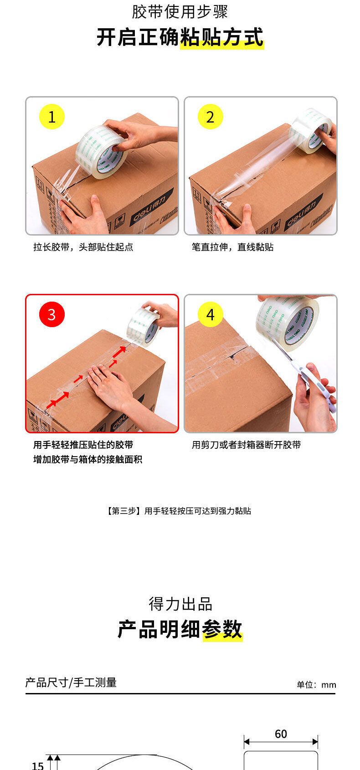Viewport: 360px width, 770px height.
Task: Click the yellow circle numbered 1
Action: tap(52, 117)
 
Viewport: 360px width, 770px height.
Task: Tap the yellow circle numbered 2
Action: tap(211, 117)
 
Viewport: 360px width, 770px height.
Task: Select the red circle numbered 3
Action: tap(52, 314)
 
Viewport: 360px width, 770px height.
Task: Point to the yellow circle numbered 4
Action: tap(211, 314)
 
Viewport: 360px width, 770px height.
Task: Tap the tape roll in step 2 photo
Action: tap(311, 130)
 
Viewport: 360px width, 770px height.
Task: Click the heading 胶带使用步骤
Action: tap(180, 11)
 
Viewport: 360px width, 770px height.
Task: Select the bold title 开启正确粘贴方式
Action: tap(180, 37)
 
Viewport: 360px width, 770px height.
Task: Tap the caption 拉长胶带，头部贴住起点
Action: tap(83, 247)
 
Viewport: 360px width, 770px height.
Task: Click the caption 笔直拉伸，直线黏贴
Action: tap(232, 247)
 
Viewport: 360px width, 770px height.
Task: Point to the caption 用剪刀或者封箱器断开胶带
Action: tap(246, 445)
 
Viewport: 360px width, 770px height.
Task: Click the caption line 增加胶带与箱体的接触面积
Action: tap(87, 459)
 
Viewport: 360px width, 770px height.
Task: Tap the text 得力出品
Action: tap(180, 604)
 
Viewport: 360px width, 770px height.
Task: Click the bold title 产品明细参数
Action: tap(180, 629)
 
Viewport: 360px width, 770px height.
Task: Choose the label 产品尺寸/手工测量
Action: tap(71, 683)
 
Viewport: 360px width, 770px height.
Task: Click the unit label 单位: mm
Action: tap(316, 685)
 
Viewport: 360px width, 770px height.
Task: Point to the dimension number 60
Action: tap(281, 734)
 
